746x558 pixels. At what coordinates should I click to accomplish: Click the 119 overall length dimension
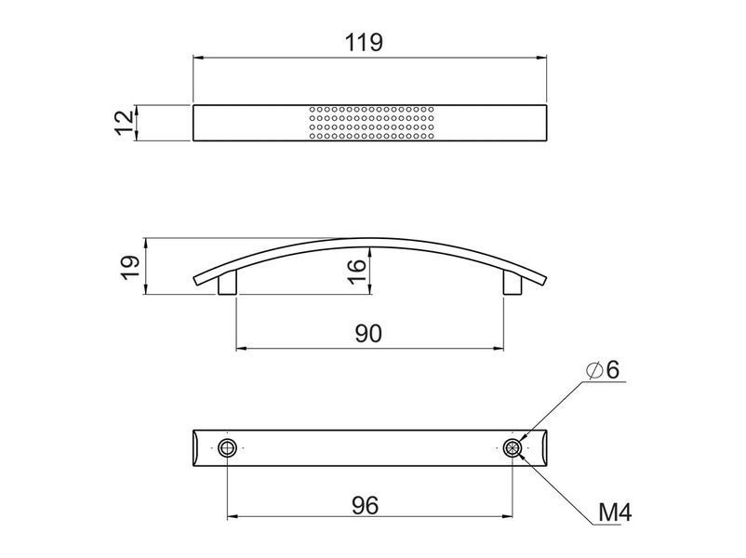coord(364,43)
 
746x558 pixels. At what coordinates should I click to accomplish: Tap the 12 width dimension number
coord(125,123)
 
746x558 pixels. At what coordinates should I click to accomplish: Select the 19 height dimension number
coord(130,268)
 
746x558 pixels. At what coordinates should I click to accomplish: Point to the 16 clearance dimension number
coord(357,272)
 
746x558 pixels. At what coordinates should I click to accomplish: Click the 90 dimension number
coord(368,334)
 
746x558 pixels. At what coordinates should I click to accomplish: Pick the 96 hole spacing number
coord(365,505)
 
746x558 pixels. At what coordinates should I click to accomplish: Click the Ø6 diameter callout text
coord(603,369)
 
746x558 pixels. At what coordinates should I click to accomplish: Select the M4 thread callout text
coord(615,512)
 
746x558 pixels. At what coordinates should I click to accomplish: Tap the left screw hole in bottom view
coord(227,447)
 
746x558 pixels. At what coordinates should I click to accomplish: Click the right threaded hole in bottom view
coord(513,447)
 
